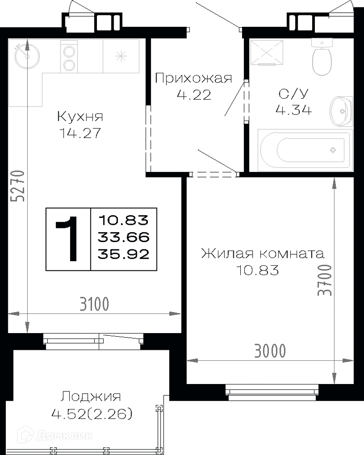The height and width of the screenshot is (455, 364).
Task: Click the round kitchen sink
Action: (27, 56)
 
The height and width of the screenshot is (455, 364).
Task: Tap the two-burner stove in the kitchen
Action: (69, 56)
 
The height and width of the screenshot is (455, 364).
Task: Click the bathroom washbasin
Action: (341, 111)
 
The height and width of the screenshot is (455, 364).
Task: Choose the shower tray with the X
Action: (267, 52)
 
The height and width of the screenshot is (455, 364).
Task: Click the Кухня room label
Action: (80, 116)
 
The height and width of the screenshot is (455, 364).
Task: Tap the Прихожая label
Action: (194, 78)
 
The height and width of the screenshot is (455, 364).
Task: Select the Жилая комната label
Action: (263, 253)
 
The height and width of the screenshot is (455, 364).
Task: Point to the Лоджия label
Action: (91, 396)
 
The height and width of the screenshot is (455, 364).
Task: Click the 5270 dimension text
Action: (17, 186)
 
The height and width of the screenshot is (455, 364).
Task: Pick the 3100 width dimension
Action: (94, 304)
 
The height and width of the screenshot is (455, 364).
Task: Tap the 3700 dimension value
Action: (324, 280)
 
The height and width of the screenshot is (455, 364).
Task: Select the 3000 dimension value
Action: (270, 350)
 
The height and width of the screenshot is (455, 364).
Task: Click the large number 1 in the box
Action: (67, 238)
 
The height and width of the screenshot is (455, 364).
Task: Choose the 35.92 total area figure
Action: (124, 254)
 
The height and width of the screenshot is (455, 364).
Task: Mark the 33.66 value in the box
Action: (124, 238)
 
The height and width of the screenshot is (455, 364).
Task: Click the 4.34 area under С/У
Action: (294, 110)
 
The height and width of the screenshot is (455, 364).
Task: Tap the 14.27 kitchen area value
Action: (80, 133)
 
